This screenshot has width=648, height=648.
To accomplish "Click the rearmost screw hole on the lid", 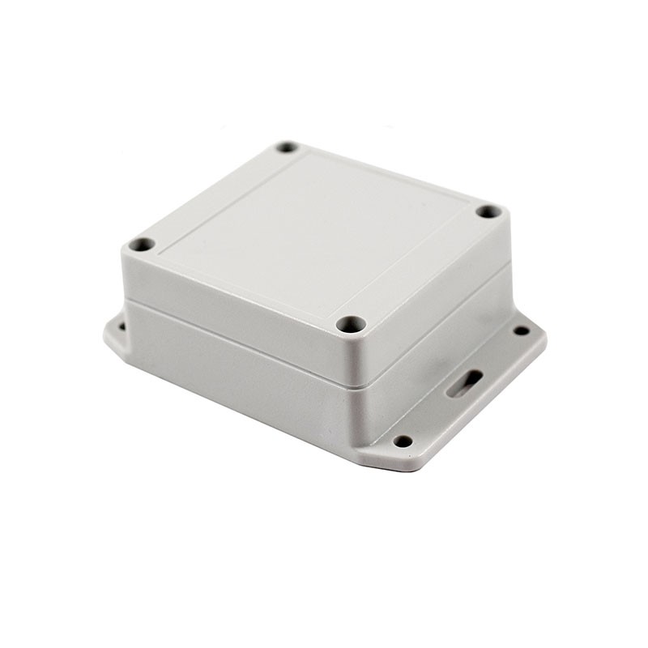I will [287, 147].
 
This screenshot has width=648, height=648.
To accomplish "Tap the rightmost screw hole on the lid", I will [488, 211].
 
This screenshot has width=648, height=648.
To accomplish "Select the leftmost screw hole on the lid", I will [142, 244].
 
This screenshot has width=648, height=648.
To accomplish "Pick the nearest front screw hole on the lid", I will [351, 324].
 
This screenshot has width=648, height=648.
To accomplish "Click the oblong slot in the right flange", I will [465, 383].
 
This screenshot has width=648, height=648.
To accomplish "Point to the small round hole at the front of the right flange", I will [403, 441].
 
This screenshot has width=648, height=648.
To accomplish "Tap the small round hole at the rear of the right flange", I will [521, 330].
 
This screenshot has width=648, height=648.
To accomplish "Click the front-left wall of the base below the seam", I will [235, 373].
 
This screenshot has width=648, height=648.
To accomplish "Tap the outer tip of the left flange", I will [107, 334].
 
